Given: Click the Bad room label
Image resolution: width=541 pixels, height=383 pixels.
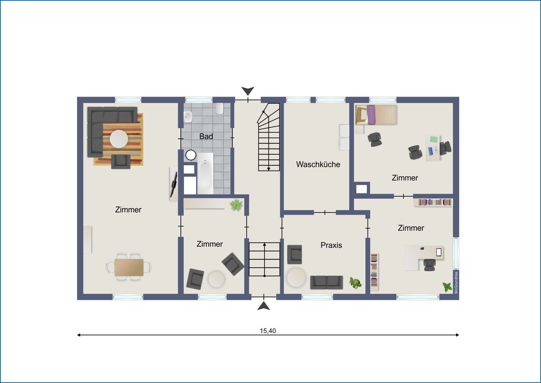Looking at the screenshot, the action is click(x=206, y=137).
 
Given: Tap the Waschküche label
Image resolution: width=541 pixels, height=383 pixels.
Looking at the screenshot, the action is click(x=318, y=164).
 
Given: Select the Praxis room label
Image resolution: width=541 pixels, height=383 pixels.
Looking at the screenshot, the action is click(x=331, y=245).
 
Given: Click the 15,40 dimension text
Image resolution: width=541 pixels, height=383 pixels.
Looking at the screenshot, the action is click(x=268, y=331).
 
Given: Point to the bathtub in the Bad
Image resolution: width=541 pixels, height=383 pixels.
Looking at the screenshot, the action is click(x=205, y=173).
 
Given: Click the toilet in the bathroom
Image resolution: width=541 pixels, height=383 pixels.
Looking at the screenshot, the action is click(x=219, y=109).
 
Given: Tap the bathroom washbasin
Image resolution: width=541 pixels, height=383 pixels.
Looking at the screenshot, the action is click(x=188, y=117).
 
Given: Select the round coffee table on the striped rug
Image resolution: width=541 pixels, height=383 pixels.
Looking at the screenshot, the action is click(x=119, y=139).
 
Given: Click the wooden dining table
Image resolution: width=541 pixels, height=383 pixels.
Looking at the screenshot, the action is click(x=129, y=267).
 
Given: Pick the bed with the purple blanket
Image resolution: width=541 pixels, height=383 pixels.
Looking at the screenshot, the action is click(x=376, y=115).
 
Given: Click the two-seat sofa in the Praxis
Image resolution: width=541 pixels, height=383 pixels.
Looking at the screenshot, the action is click(x=326, y=282).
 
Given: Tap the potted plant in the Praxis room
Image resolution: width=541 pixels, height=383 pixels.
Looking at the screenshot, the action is click(x=355, y=283).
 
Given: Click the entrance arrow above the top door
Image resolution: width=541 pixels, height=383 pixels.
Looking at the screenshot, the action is click(x=248, y=91).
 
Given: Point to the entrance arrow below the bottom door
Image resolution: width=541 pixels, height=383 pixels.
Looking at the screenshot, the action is click(x=263, y=306).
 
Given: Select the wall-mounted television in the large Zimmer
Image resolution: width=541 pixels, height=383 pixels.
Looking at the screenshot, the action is click(x=174, y=184).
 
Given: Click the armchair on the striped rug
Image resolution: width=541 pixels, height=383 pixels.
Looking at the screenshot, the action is click(x=121, y=162).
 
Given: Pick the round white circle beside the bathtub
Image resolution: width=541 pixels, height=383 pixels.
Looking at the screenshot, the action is click(x=191, y=155).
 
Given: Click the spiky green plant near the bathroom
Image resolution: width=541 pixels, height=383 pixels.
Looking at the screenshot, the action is click(x=236, y=205).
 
